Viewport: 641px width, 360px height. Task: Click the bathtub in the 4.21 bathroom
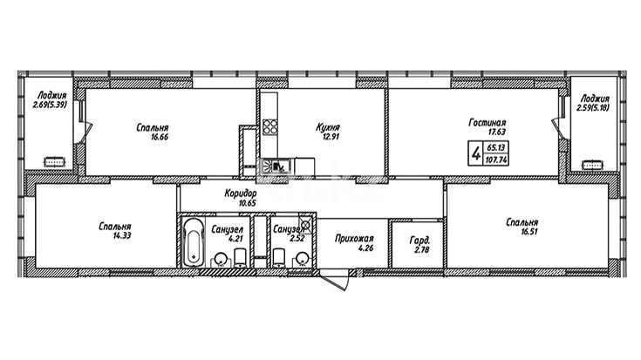(194, 242)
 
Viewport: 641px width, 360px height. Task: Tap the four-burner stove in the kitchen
(269, 126)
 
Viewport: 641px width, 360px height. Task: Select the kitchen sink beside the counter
(276, 166)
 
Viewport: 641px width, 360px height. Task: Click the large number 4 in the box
(476, 154)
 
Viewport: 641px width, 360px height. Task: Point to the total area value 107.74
(496, 160)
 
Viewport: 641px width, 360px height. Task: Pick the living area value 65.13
(496, 147)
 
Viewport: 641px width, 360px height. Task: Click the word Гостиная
(487, 123)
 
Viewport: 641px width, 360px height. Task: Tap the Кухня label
(328, 127)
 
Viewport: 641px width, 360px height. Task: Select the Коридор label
(241, 194)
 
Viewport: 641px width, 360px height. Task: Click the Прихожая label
(354, 238)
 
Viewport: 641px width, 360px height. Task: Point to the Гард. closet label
(419, 241)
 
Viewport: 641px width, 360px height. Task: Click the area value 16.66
(160, 138)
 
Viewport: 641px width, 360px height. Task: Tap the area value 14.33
(122, 235)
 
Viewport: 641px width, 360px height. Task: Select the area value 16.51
(528, 232)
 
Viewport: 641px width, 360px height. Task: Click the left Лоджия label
(51, 96)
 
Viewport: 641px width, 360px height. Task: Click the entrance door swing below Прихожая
(335, 281)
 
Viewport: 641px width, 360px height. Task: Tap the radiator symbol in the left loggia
(54, 162)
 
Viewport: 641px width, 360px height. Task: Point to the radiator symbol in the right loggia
(593, 165)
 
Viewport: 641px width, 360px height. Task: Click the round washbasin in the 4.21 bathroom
(221, 258)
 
